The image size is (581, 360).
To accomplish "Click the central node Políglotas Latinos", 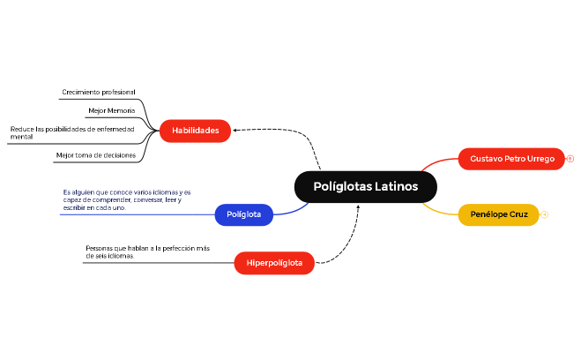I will click(x=365, y=186).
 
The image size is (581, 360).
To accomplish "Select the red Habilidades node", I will click(x=195, y=131).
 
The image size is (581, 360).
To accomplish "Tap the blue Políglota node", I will click(x=244, y=214).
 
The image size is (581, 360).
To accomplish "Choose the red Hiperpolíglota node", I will click(x=274, y=263).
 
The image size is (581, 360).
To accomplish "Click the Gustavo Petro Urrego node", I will click(x=511, y=159).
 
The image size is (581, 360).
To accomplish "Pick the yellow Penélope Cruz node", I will click(x=498, y=214).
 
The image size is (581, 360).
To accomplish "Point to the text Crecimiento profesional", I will click(x=99, y=92).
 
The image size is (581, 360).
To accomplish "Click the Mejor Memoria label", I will click(x=112, y=111).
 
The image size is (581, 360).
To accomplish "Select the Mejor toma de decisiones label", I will click(x=96, y=154).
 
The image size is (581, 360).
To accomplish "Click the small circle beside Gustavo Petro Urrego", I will click(x=570, y=159).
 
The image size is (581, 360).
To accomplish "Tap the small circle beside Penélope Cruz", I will click(x=545, y=214).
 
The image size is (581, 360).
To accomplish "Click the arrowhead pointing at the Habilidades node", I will click(x=235, y=131).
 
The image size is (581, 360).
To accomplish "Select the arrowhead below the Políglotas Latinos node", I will click(x=358, y=207).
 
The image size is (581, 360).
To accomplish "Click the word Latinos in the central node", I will click(x=396, y=186).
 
